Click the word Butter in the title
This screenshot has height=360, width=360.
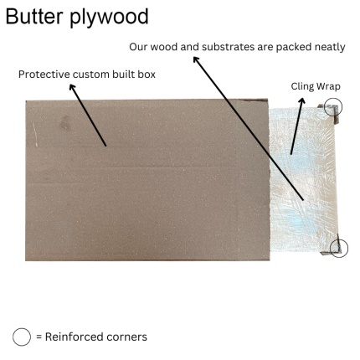click(x=37, y=17)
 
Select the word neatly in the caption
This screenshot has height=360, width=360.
click(x=327, y=47)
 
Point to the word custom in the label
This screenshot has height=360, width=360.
click(x=93, y=75)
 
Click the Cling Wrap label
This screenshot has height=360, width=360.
click(x=316, y=86)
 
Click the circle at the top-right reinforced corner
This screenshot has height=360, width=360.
click(x=333, y=106)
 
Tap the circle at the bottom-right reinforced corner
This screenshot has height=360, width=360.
click(x=339, y=248)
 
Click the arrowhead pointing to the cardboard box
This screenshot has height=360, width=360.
click(x=72, y=87)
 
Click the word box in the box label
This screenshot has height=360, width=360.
click(x=146, y=75)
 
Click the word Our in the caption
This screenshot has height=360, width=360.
click(x=140, y=47)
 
